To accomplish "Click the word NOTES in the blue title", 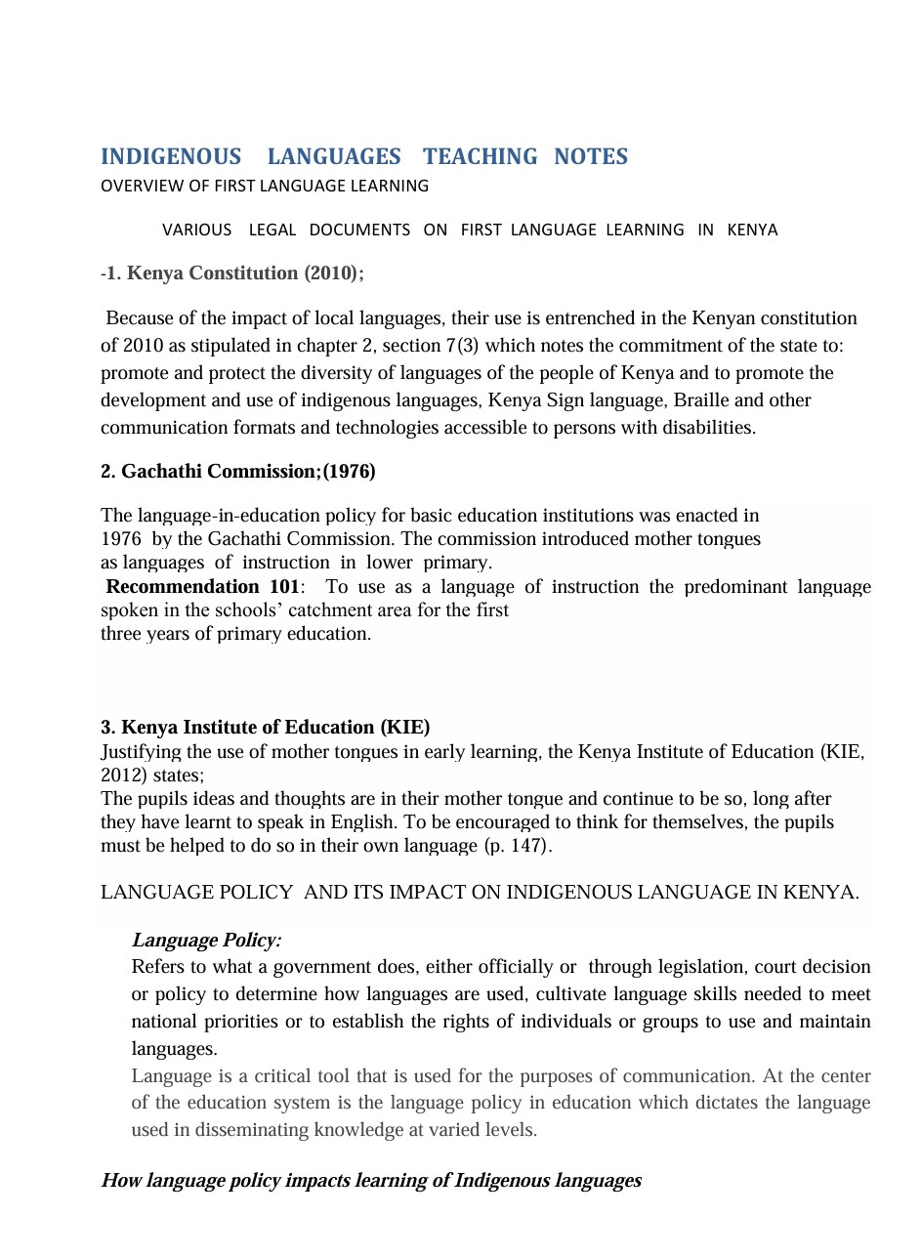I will pos(591,157).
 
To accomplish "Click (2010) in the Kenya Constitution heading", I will pos(332,273).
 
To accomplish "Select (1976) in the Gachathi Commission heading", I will pos(349,472).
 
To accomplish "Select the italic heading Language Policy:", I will pos(206,941).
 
